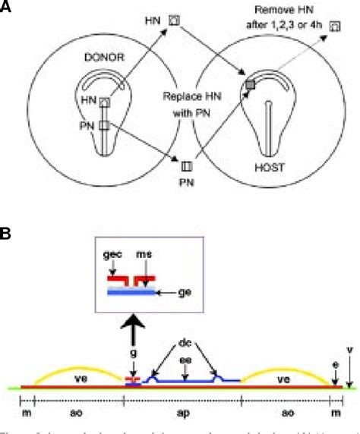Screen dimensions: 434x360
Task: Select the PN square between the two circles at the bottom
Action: [x=185, y=162]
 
